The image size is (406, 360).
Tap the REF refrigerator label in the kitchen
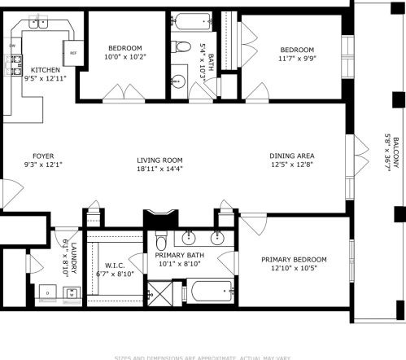point(72,54)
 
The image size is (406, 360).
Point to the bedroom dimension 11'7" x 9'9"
point(292,58)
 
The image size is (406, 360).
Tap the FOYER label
point(42,156)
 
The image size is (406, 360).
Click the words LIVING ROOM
point(160,160)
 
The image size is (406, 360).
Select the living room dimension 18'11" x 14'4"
point(160,170)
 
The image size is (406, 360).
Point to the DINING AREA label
point(292,156)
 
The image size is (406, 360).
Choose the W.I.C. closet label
point(113,266)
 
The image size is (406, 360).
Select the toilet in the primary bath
point(162,242)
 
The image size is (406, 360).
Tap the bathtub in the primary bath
point(211,290)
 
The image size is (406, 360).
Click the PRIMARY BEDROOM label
point(294,259)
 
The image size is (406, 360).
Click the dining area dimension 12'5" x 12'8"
point(292,165)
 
